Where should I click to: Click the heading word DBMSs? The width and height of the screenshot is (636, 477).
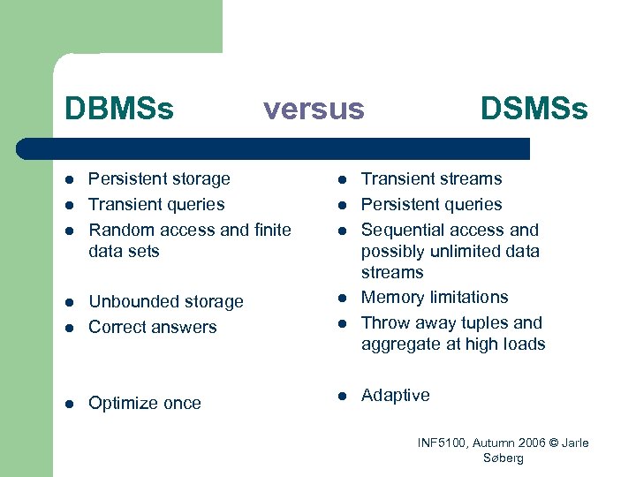[119, 109]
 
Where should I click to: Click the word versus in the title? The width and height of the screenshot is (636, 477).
[314, 109]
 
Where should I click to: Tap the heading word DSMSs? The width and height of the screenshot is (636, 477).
[534, 109]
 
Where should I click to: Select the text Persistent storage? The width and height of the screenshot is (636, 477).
[159, 179]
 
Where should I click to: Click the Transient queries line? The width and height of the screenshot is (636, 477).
[156, 205]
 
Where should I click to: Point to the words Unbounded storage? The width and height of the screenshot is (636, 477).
[166, 302]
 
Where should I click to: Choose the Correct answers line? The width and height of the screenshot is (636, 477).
[153, 327]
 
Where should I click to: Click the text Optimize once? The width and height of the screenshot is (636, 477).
[145, 404]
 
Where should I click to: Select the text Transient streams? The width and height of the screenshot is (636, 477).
[431, 179]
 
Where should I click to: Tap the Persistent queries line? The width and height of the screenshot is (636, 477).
[431, 205]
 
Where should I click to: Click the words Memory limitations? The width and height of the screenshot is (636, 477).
[435, 298]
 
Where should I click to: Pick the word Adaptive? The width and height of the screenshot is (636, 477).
[396, 396]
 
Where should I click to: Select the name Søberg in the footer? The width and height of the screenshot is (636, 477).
[503, 458]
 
